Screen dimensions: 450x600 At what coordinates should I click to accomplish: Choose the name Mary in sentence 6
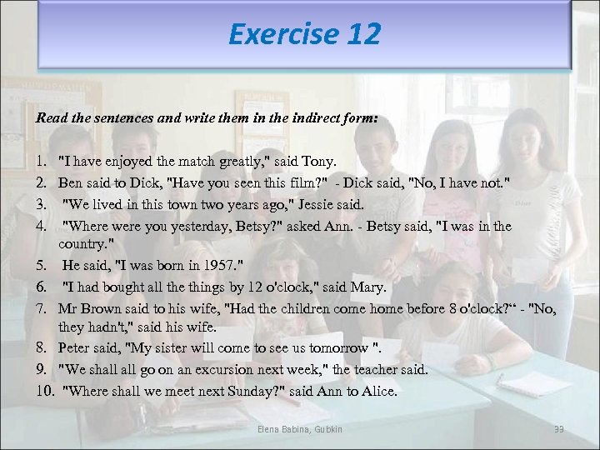pos(368,287)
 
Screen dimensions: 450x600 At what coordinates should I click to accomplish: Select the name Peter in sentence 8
pos(77,348)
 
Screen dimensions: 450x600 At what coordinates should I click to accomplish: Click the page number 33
pos(559,429)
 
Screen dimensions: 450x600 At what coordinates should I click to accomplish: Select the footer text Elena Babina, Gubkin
pos(299,429)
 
